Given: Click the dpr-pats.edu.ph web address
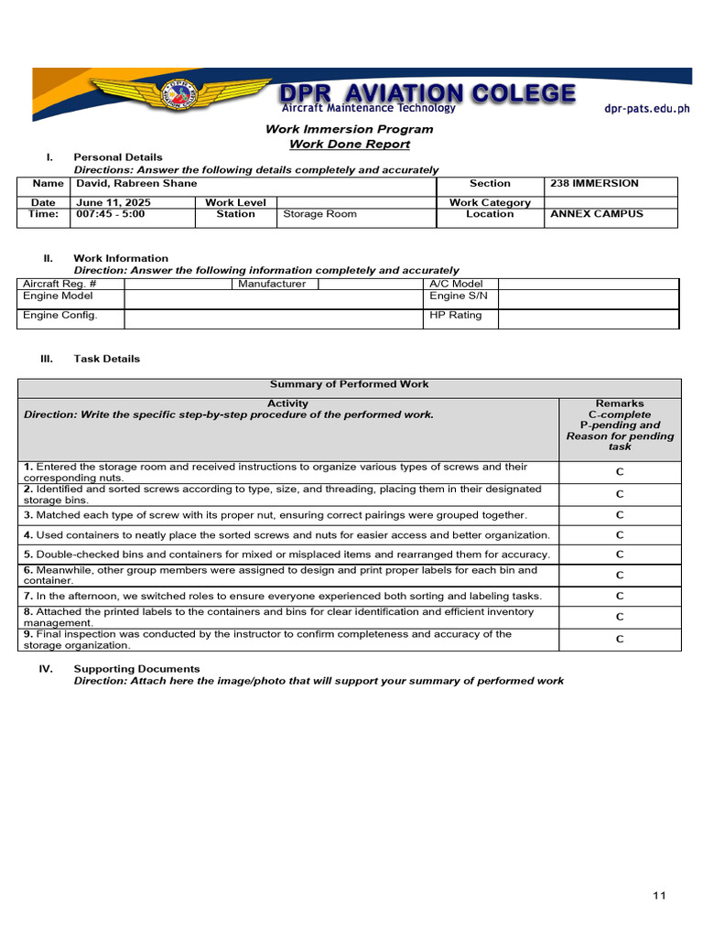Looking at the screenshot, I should pyautogui.click(x=646, y=109).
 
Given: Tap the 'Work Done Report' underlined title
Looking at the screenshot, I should pyautogui.click(x=350, y=144).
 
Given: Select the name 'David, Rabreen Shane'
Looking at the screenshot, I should pyautogui.click(x=136, y=184).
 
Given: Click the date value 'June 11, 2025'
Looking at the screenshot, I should pyautogui.click(x=114, y=202).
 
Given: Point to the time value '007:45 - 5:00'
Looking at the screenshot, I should pyautogui.click(x=110, y=214).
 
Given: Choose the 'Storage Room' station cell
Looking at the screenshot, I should pyautogui.click(x=319, y=214).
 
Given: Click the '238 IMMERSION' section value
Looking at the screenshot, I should pyautogui.click(x=594, y=184).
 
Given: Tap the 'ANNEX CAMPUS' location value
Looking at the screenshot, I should pyautogui.click(x=596, y=214).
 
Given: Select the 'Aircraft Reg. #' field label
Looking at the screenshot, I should pyautogui.click(x=60, y=284).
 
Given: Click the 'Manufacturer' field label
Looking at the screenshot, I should pyautogui.click(x=272, y=284).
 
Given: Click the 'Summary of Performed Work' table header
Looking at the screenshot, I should pyautogui.click(x=349, y=384).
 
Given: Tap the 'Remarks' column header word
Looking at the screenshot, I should pyautogui.click(x=620, y=404).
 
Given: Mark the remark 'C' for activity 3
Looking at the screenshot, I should pyautogui.click(x=620, y=515).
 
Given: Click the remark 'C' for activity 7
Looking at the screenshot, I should pyautogui.click(x=620, y=596).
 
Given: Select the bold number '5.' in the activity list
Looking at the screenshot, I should pyautogui.click(x=28, y=555).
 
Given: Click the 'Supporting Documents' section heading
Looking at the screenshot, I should pyautogui.click(x=136, y=669).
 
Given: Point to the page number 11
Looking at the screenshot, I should pyautogui.click(x=659, y=895).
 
